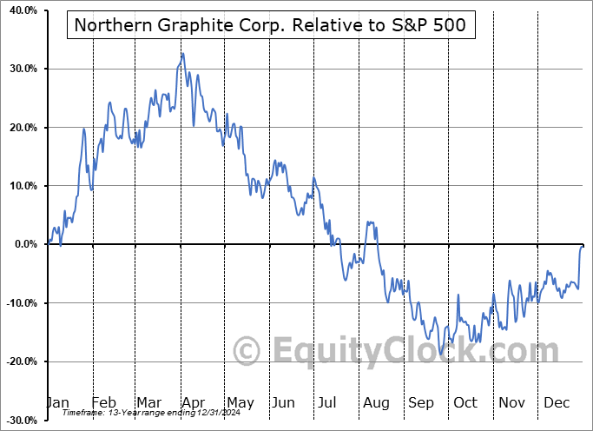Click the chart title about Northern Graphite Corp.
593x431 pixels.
point(270,25)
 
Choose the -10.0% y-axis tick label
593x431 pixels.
point(19,303)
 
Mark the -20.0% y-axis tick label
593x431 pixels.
point(19,361)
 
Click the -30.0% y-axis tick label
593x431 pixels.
point(19,421)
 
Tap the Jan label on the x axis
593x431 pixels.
point(57,402)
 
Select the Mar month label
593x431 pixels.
point(149,402)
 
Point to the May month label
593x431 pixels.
point(240,402)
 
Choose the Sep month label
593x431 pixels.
point(421,402)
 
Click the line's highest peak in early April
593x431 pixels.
point(182,54)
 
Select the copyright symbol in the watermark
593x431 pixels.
point(248,352)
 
